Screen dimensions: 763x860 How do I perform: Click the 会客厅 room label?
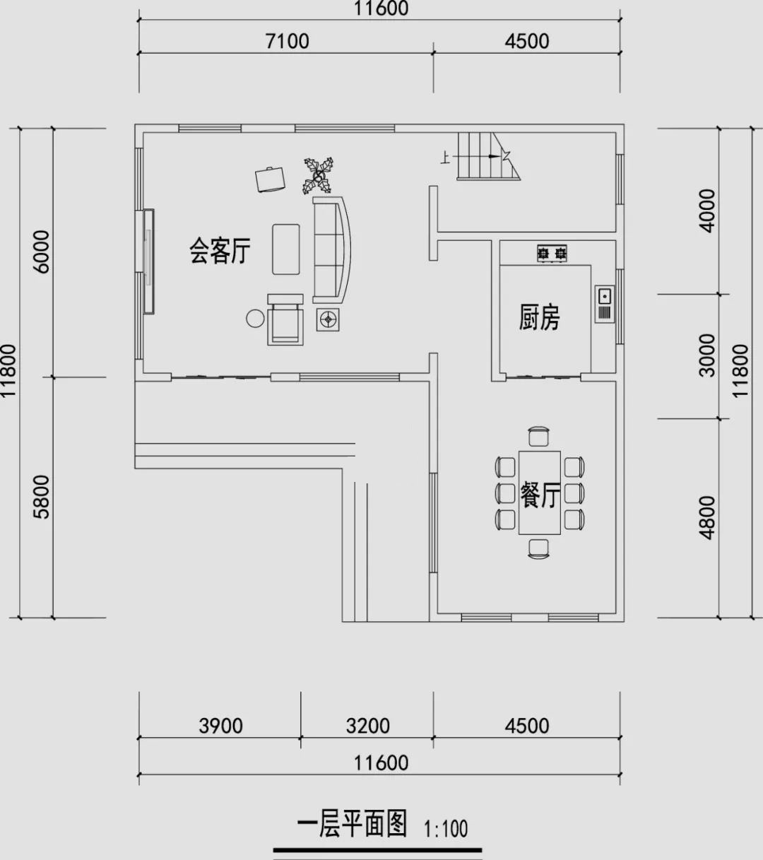coord(220,251)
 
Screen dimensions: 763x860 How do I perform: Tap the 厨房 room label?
coord(539,317)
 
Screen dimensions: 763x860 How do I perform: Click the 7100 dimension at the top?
coord(288,41)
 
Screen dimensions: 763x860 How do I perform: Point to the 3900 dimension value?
coord(220,726)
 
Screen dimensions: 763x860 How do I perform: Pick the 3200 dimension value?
coord(367,726)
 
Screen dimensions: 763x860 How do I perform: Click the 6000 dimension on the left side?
coord(42,252)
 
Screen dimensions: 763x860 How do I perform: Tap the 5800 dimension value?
coord(42,497)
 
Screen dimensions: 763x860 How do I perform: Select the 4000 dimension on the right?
coord(707,211)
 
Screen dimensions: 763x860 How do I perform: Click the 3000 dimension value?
coord(707,355)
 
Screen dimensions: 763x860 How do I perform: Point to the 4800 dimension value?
coord(707,518)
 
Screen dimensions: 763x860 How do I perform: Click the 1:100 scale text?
coord(446,829)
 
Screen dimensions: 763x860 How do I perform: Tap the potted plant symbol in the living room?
coord(319,176)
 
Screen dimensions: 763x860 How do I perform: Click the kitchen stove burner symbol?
coord(552,254)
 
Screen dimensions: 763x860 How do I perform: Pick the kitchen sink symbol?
coord(604,304)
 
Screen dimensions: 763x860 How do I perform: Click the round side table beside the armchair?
coord(255,319)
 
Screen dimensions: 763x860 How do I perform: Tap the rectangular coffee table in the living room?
coord(286,249)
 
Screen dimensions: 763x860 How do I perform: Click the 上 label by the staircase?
coord(445,158)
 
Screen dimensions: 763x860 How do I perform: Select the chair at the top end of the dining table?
coord(539,437)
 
